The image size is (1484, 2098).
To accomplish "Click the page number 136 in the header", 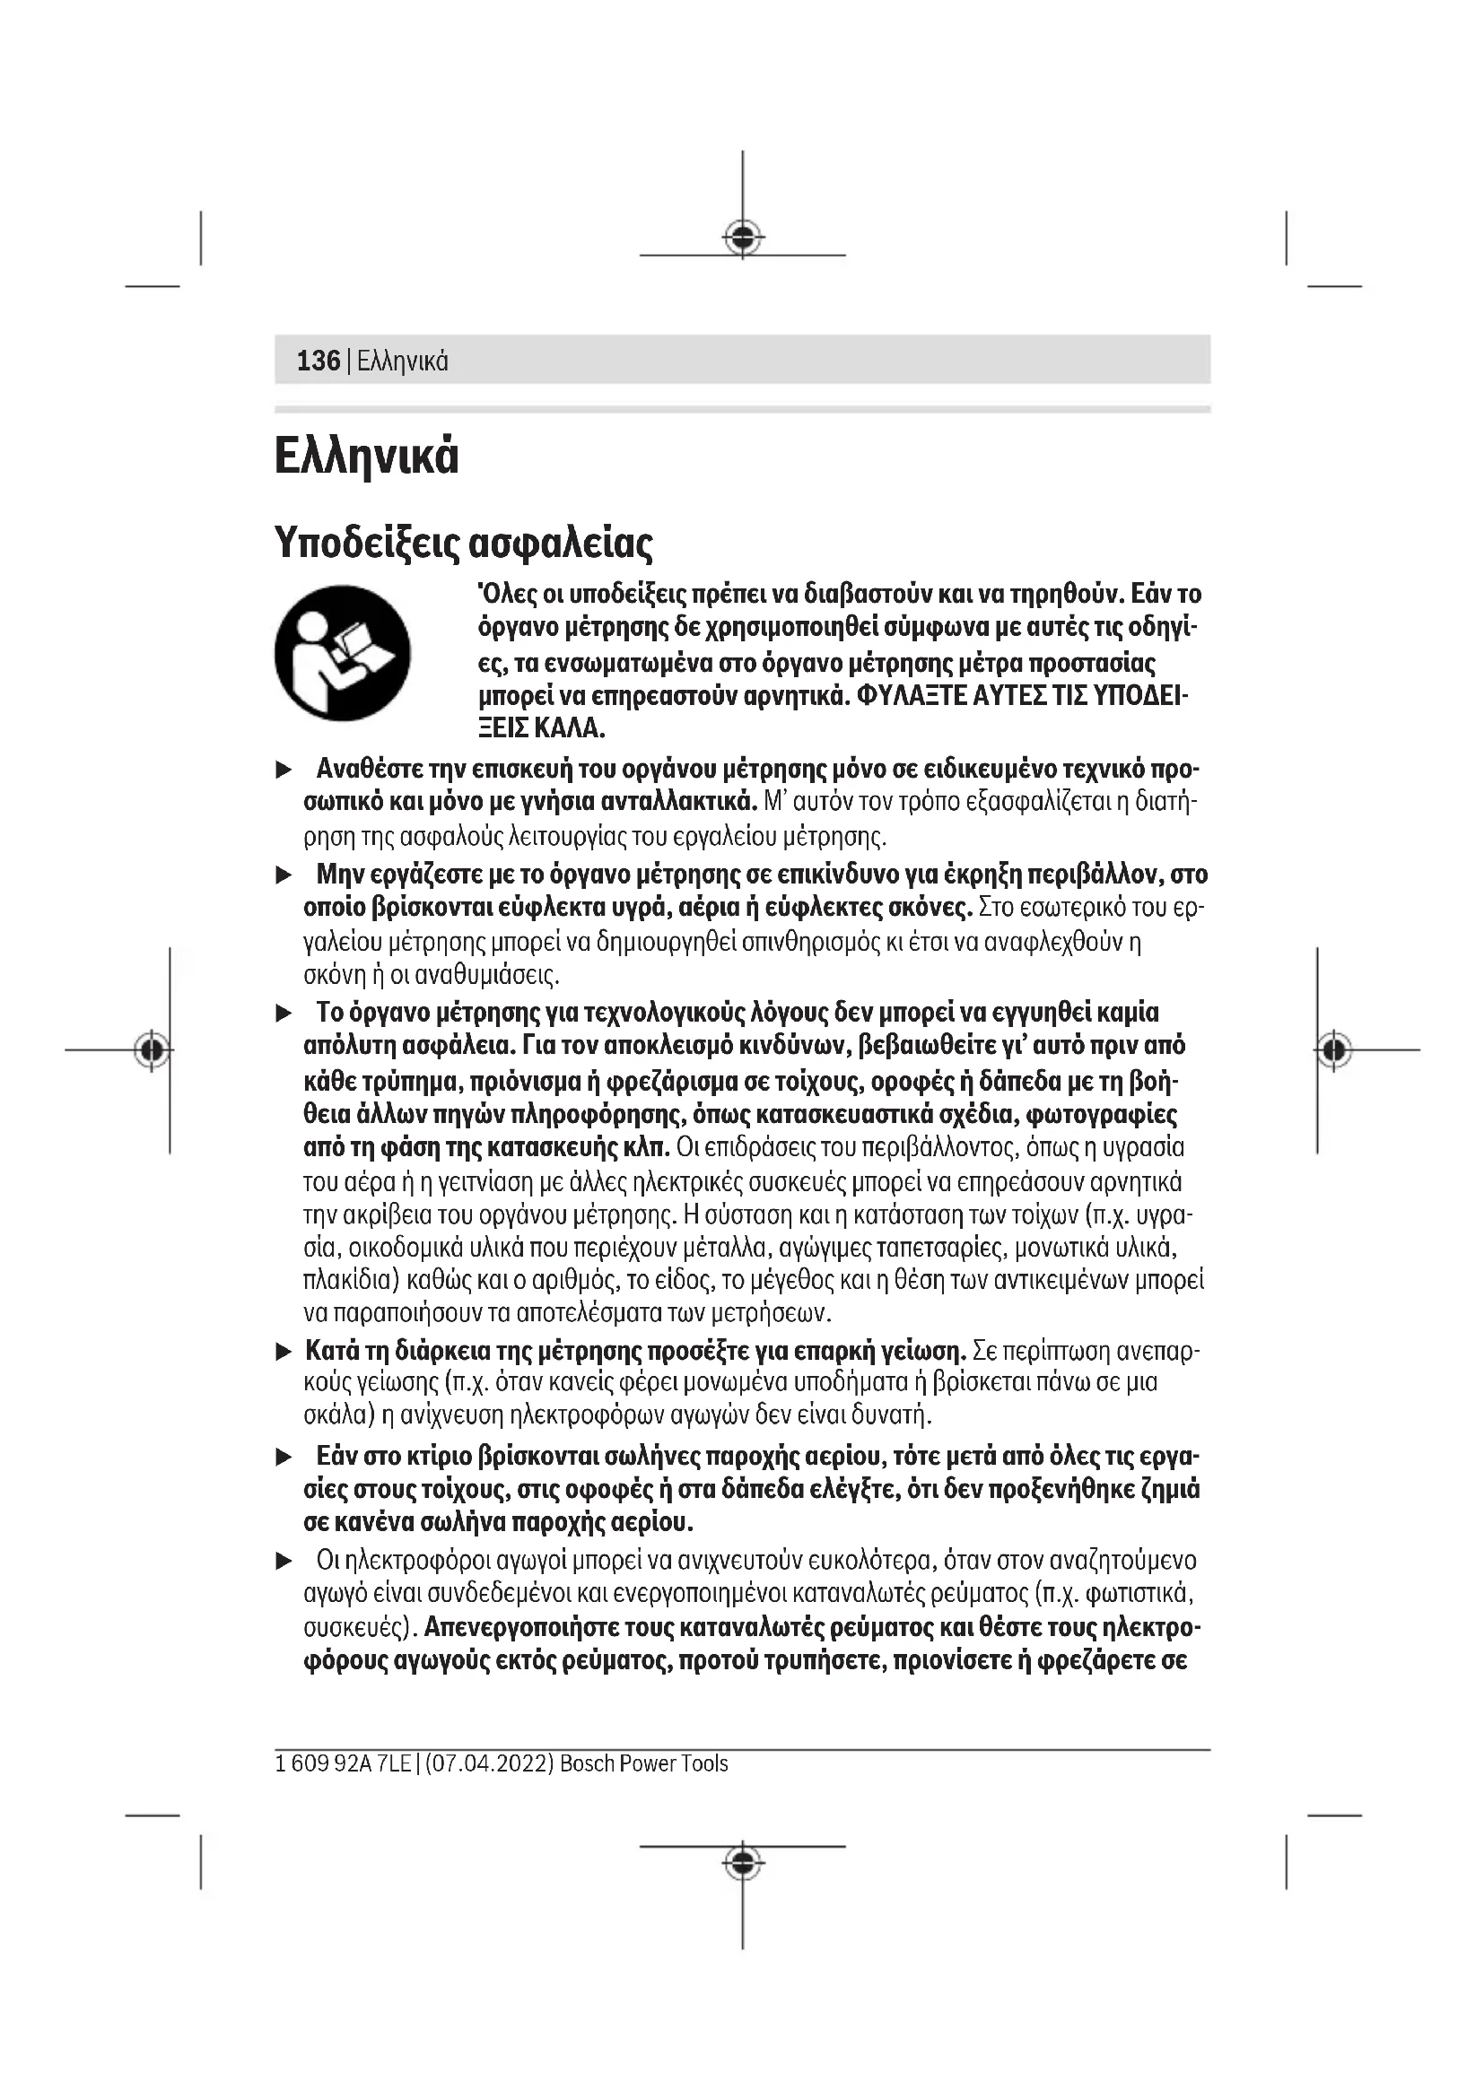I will (318, 361).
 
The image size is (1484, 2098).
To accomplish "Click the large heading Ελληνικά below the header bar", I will (366, 456).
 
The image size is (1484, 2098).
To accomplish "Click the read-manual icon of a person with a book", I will (343, 653).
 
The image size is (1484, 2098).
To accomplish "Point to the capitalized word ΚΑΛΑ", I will (571, 728).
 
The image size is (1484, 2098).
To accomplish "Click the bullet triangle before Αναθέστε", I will (284, 770).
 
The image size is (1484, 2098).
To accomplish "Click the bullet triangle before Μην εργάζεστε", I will (284, 875).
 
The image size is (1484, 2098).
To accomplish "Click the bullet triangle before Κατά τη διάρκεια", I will (284, 1353).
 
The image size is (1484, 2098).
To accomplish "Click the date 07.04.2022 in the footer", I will (489, 1763).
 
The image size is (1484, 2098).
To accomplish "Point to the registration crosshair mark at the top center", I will (743, 238).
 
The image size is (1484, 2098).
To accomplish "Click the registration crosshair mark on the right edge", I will (1334, 1050).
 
